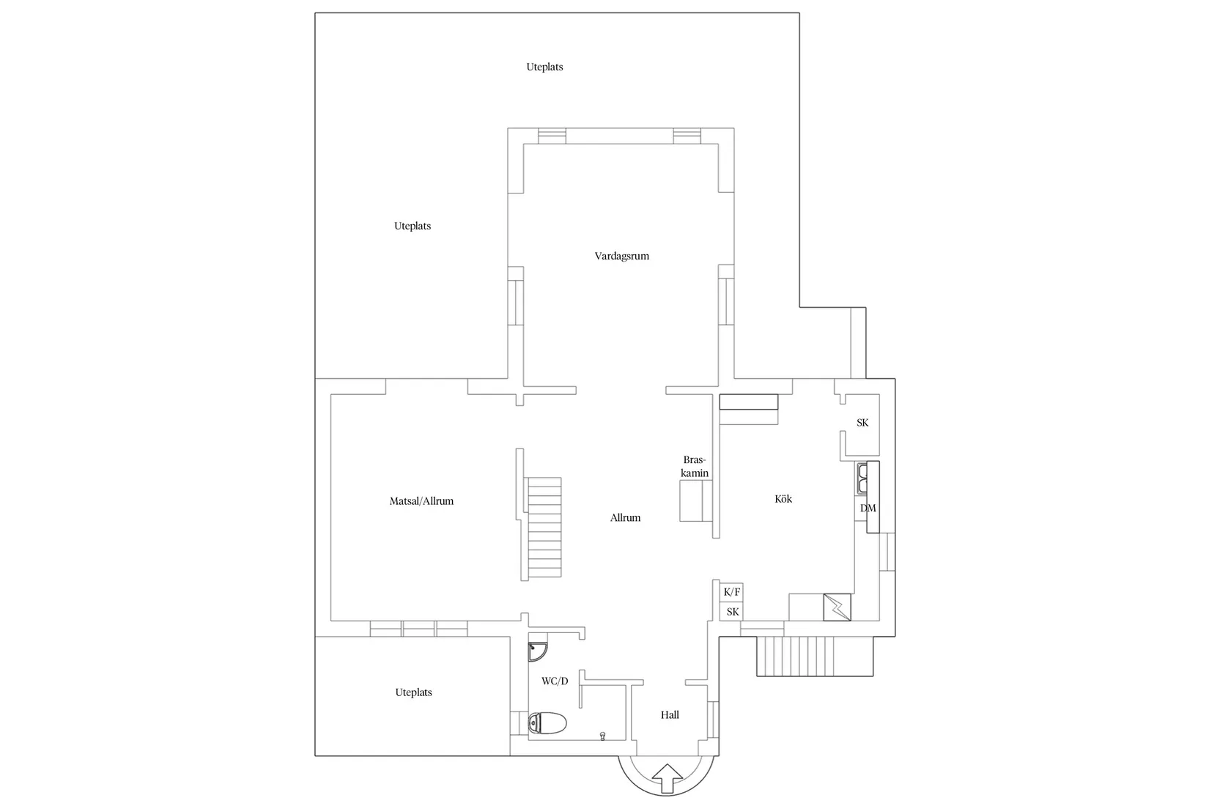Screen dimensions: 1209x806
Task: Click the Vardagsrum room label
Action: [x=622, y=256]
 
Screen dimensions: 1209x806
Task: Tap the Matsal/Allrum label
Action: [x=421, y=501]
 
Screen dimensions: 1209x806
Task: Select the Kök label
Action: [x=783, y=499]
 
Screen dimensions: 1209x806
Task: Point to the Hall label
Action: [x=670, y=714]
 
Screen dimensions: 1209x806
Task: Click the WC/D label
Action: [x=555, y=681]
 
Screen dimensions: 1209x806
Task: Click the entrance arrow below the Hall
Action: [x=668, y=778]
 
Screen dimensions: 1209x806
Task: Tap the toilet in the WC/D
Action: [x=547, y=723]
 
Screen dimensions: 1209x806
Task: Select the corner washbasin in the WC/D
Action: [x=537, y=651]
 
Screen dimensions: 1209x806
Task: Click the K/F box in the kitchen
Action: [x=731, y=592]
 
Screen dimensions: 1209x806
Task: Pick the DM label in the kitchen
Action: [x=868, y=508]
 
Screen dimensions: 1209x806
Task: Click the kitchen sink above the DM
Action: [x=862, y=478]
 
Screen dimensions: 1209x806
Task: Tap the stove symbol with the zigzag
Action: [x=837, y=607]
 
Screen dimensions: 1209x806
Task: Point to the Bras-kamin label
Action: [x=695, y=467]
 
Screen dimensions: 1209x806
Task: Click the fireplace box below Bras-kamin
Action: [x=695, y=500]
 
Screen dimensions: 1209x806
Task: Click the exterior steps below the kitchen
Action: [x=815, y=656]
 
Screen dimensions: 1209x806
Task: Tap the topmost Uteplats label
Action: [x=544, y=67]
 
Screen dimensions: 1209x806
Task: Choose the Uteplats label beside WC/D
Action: [x=413, y=692]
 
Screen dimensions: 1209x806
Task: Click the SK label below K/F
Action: [x=733, y=612]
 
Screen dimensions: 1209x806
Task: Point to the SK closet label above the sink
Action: [x=862, y=423]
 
